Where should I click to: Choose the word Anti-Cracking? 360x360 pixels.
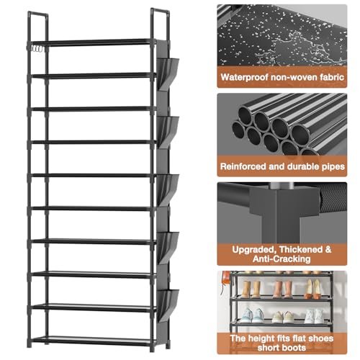coord(282,259)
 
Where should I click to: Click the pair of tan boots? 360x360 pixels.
coord(251,289)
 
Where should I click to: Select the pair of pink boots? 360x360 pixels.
coord(282,289)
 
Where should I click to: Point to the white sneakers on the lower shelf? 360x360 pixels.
coord(315,315)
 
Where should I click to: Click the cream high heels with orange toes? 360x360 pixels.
coord(313,289)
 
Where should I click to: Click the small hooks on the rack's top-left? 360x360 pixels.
coord(37,48)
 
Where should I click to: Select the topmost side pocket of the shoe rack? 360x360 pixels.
coord(168,73)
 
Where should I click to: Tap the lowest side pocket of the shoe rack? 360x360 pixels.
coord(168,305)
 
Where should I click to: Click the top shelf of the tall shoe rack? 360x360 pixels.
coord(94,42)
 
